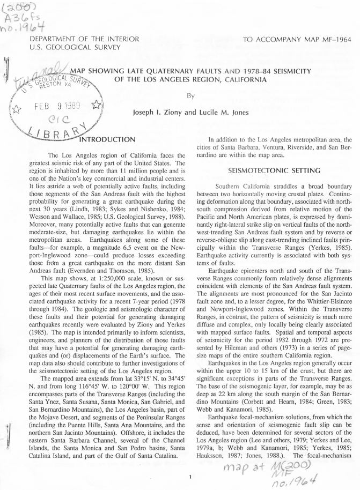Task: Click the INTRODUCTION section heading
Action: click(x=107, y=140)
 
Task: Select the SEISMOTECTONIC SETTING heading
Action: click(x=267, y=170)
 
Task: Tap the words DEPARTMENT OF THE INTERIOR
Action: click(x=85, y=39)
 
